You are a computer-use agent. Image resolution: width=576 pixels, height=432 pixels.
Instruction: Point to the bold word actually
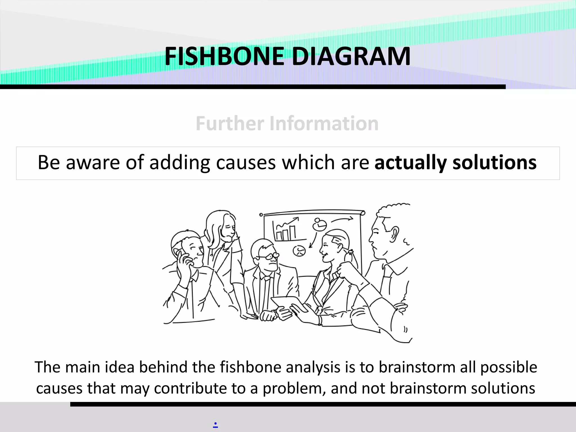(410, 163)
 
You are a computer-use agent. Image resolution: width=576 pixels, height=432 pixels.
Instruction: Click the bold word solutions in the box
(494, 163)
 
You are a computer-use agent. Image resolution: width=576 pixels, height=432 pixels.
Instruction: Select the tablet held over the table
(288, 304)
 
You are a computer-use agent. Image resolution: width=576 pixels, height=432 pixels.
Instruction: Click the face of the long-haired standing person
(228, 229)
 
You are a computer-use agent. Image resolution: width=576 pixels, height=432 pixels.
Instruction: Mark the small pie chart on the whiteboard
(299, 251)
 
